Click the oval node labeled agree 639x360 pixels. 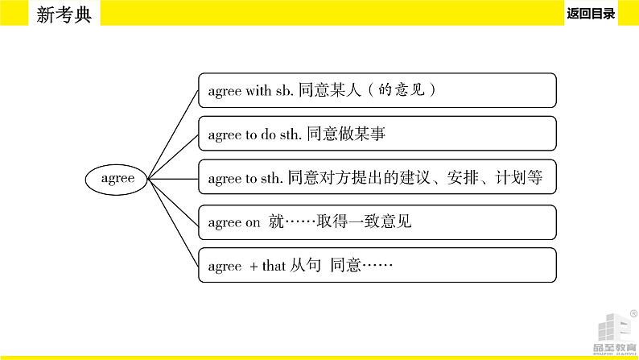(118, 179)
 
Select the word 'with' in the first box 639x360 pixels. (258, 91)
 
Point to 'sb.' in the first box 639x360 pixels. (284, 91)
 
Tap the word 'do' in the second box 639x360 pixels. (268, 134)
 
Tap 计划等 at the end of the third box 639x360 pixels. (526, 179)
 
